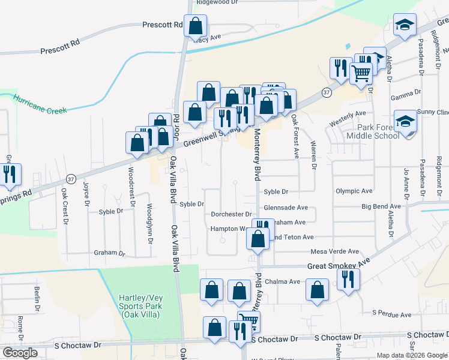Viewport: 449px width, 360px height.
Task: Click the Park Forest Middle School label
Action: point(373,131)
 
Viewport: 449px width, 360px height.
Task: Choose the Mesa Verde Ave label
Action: point(334,251)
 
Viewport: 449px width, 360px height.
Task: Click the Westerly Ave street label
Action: point(348,114)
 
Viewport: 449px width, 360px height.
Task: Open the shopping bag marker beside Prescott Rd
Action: point(195,26)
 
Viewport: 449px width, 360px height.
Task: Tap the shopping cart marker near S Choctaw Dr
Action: point(248,321)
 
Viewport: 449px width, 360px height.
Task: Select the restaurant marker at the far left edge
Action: point(9,174)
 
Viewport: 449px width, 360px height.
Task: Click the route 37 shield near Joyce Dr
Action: point(71,179)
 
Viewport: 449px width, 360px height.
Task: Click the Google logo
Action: point(20,353)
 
